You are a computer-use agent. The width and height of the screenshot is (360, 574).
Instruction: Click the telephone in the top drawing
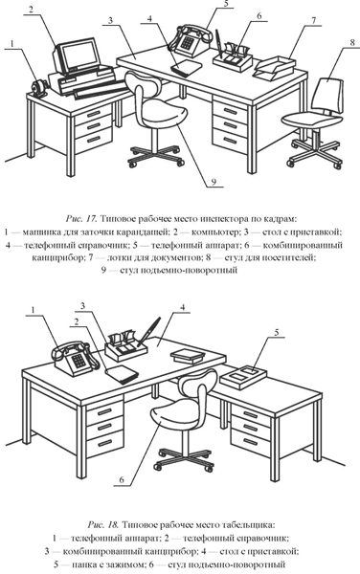(190, 39)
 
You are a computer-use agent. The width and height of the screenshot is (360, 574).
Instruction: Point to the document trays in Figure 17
(275, 68)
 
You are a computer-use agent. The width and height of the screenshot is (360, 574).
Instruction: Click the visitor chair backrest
(328, 95)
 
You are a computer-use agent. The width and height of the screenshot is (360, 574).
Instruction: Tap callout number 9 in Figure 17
(214, 182)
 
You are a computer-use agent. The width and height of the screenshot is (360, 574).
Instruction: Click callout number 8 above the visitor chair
(352, 42)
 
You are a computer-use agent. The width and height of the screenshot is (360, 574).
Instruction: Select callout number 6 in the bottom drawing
(122, 480)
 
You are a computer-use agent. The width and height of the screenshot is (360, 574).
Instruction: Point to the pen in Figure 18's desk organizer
(148, 332)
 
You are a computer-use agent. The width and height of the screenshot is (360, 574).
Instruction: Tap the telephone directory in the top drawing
(187, 67)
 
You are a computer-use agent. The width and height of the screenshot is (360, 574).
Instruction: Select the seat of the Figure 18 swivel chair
(174, 412)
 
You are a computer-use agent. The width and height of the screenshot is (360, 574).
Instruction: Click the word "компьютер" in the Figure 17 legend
(212, 232)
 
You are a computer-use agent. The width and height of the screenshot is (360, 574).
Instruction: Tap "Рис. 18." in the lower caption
(103, 524)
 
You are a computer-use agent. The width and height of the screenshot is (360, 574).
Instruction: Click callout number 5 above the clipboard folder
(277, 332)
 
